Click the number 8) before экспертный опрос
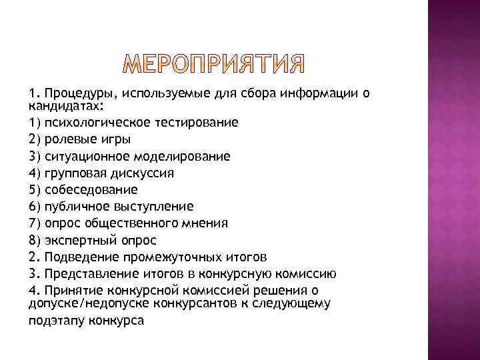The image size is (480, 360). click(x=35, y=239)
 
